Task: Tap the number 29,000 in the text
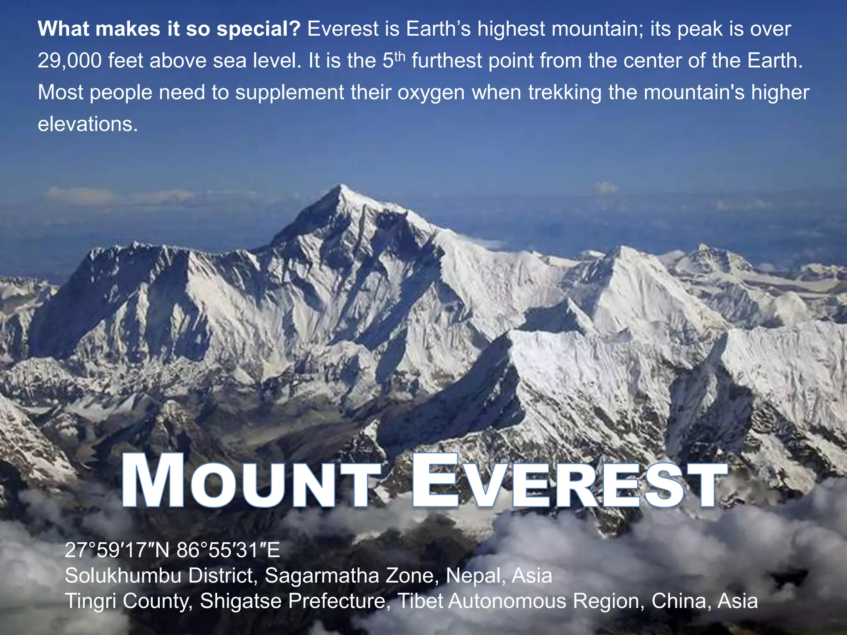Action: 69,61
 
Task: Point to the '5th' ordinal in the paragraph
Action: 392,60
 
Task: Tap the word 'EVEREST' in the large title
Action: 569,481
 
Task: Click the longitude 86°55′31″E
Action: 229,551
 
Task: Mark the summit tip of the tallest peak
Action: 342,186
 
